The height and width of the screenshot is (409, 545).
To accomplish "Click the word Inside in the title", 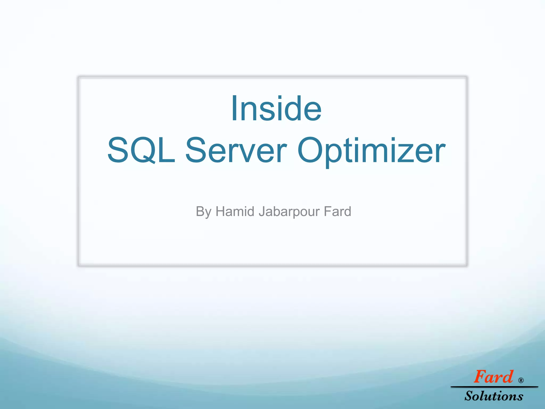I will coord(276,109).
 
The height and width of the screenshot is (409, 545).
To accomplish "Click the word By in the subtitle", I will coord(203,212).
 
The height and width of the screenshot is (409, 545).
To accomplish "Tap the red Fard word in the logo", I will coord(493,377).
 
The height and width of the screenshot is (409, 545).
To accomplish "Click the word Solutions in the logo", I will coord(494,396).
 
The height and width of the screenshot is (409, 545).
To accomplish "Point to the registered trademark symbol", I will coord(521,380).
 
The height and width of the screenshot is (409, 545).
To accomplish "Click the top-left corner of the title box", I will coord(79,77).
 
